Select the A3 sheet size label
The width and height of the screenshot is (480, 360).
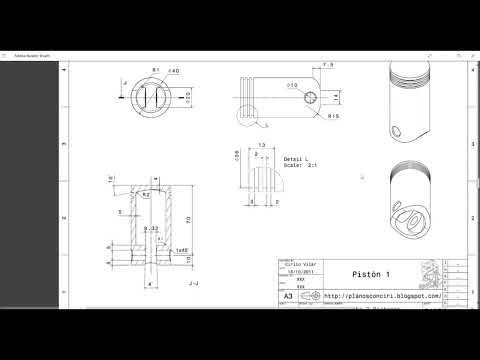[288, 297]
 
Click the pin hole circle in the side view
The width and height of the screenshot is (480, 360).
[312, 97]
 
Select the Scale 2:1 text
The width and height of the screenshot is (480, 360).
[299, 165]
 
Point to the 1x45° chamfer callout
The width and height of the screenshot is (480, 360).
[181, 250]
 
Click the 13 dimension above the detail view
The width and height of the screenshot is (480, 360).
[261, 145]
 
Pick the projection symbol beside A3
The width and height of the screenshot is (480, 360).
[313, 297]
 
